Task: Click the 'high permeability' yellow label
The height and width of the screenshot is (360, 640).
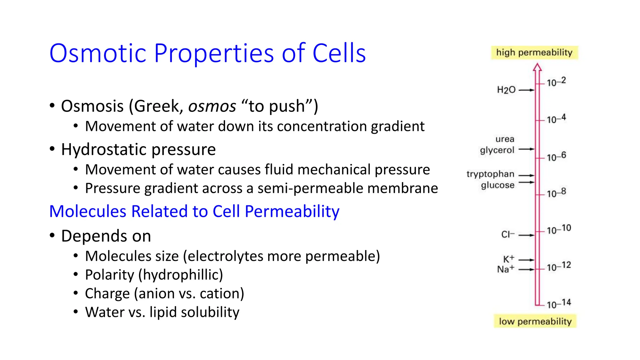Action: [534, 52]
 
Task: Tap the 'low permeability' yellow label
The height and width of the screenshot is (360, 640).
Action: [535, 321]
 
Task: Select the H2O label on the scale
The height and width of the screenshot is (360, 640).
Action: [506, 90]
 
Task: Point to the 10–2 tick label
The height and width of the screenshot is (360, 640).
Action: [556, 82]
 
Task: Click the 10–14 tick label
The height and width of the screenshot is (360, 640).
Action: [559, 304]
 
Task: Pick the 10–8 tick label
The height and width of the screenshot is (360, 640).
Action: [556, 193]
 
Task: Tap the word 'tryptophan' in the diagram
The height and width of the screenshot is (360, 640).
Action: [490, 174]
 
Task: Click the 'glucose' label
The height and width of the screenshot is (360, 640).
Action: [497, 185]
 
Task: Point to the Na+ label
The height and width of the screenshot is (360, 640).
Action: [505, 269]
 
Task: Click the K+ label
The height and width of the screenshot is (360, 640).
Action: [508, 259]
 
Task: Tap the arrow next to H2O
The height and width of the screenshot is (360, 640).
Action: [527, 90]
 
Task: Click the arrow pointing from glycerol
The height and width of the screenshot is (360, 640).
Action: [527, 149]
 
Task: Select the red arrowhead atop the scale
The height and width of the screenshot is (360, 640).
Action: [537, 67]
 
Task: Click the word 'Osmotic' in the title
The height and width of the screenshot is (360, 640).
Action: [98, 53]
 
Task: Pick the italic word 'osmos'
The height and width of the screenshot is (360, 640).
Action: [212, 106]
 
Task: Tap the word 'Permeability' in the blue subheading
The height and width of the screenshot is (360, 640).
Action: [292, 211]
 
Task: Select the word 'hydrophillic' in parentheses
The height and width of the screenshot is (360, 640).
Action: [181, 275]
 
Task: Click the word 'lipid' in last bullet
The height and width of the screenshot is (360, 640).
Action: [163, 312]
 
